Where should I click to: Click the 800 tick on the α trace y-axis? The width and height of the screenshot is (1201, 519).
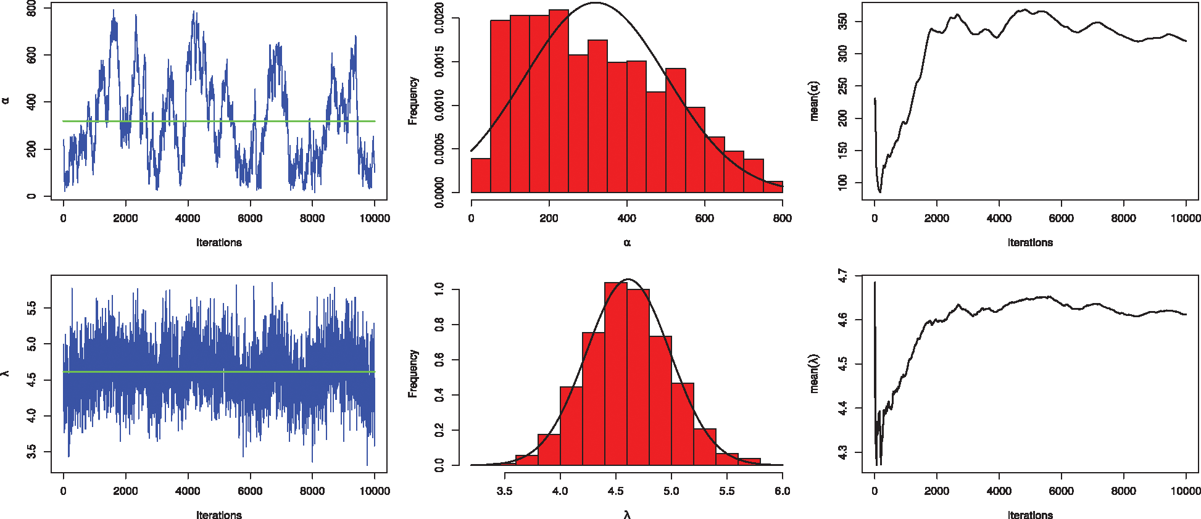[x=31, y=9]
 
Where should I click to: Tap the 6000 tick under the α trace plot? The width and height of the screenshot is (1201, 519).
[x=250, y=218]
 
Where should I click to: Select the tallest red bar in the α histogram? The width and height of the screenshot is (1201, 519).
[x=558, y=102]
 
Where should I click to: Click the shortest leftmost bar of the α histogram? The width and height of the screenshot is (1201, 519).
[x=481, y=176]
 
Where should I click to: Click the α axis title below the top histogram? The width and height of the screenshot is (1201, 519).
[x=627, y=243]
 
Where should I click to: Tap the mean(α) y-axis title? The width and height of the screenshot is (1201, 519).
[x=815, y=101]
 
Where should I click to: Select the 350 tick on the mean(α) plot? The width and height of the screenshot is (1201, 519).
[x=843, y=22]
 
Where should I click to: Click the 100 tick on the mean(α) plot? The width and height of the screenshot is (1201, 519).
[x=843, y=183]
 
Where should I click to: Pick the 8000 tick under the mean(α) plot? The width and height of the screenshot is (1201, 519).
[x=1123, y=218]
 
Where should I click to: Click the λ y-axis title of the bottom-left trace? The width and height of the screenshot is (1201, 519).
[x=6, y=373]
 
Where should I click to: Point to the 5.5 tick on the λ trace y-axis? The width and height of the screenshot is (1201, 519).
[x=31, y=308]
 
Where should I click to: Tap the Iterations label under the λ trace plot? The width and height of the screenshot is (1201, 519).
[x=219, y=515]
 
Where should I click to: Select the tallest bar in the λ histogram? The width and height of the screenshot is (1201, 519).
[x=616, y=374]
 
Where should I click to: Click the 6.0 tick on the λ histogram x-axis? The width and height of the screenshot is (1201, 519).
[x=782, y=491]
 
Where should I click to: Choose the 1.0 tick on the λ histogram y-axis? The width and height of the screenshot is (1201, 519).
[x=439, y=289]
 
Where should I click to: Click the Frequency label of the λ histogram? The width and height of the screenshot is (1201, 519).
[x=413, y=374]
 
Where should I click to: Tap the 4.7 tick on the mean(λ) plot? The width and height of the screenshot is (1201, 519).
[x=843, y=276]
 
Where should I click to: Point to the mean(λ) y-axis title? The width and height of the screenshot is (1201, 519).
[x=815, y=374]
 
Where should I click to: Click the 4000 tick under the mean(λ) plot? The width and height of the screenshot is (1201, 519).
[x=999, y=491]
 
